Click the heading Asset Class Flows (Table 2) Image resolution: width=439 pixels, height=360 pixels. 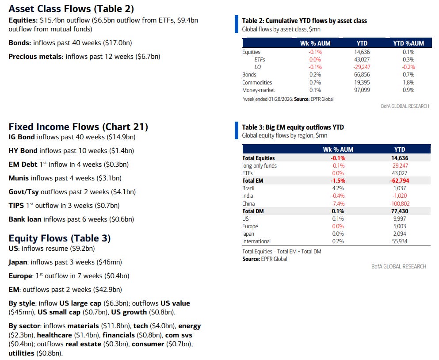click(71, 9)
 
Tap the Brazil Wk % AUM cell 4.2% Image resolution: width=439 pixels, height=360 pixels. click(338, 188)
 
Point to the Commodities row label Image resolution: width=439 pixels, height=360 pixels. click(257, 83)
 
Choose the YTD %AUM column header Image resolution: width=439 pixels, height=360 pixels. click(408, 43)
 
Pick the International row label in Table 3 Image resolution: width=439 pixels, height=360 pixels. click(256, 241)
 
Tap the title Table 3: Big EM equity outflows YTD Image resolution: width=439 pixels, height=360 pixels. click(293, 127)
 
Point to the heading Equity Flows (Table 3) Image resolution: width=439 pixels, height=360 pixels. click(60, 238)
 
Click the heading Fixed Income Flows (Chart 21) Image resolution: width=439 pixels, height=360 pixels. click(78, 127)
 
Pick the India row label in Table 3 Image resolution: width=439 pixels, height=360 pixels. click(248, 195)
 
